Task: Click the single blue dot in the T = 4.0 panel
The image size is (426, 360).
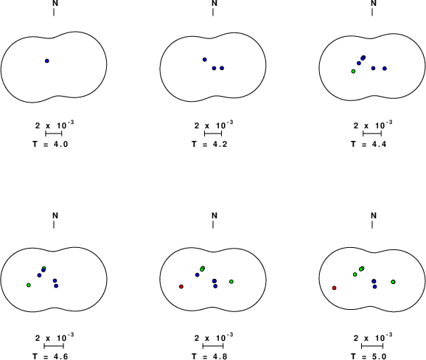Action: pyautogui.click(x=47, y=61)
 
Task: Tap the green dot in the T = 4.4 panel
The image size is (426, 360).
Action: pyautogui.click(x=353, y=72)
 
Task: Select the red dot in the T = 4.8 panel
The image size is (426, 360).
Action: pyautogui.click(x=181, y=286)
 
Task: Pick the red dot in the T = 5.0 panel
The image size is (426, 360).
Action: pyautogui.click(x=334, y=288)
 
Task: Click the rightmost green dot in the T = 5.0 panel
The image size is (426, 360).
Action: pyautogui.click(x=393, y=282)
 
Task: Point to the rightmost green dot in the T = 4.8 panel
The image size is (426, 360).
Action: pyautogui.click(x=231, y=281)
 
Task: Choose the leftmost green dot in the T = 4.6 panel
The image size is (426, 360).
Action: pyautogui.click(x=29, y=285)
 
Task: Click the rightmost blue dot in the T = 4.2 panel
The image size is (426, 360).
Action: pyautogui.click(x=222, y=68)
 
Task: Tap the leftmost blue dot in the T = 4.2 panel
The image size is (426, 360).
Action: pyautogui.click(x=205, y=60)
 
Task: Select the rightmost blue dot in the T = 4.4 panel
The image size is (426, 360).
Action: pyautogui.click(x=385, y=69)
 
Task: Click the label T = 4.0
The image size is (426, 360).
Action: pyautogui.click(x=50, y=144)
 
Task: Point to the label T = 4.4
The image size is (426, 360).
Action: pyautogui.click(x=369, y=144)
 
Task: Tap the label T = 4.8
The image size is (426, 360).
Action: pyautogui.click(x=209, y=356)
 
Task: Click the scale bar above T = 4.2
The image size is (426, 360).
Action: pyautogui.click(x=213, y=134)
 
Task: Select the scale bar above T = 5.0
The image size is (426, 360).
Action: pyautogui.click(x=372, y=346)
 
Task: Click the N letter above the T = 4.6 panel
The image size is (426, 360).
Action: pyautogui.click(x=55, y=215)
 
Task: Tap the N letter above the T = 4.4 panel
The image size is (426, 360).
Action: pyautogui.click(x=374, y=3)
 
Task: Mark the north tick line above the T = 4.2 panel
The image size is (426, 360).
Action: pyautogui.click(x=213, y=13)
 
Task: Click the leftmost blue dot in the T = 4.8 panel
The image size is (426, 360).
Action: pyautogui.click(x=198, y=275)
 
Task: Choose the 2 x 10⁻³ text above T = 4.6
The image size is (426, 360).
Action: pyautogui.click(x=55, y=338)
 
